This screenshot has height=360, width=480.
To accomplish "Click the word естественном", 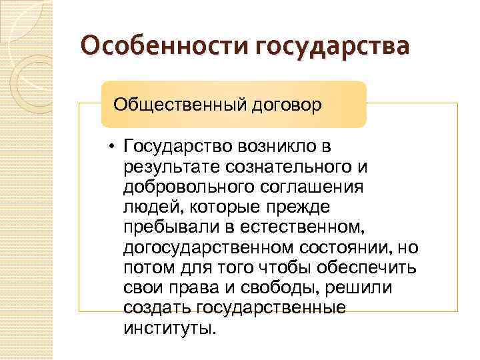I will click(309, 228).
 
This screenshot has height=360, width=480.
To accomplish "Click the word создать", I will click(157, 309).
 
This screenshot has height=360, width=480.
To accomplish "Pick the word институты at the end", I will click(169, 329).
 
